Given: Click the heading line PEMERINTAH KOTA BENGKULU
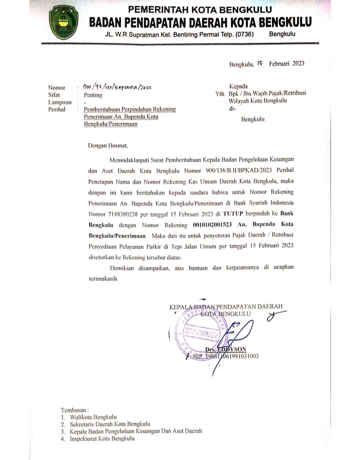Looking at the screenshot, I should coord(200,9).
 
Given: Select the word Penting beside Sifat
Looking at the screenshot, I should coord(93,95).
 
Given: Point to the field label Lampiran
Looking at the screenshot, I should coord(59,102).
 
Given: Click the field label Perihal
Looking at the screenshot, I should coord(57,109).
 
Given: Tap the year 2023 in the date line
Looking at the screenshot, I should coord(298,63).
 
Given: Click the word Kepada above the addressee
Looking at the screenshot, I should coord(238,86).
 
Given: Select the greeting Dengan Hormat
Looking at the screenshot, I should coord(108,146).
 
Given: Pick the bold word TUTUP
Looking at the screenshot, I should coord(233,213).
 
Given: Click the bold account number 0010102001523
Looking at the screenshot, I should coord(212,225).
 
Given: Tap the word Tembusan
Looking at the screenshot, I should coord(75,410).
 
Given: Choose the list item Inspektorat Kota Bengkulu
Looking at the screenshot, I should coord(102,439).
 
